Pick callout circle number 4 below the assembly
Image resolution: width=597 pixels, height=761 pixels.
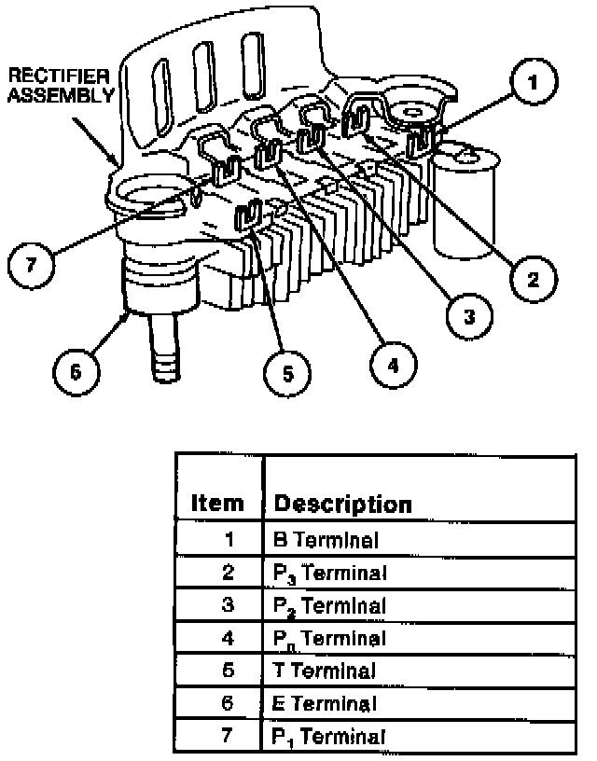pyautogui.click(x=393, y=365)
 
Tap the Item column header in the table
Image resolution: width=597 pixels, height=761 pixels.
pyautogui.click(x=216, y=505)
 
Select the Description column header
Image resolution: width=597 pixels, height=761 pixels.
pyautogui.click(x=342, y=505)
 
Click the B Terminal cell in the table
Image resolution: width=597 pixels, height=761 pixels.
pyautogui.click(x=326, y=539)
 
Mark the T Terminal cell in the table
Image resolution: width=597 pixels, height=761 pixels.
pyautogui.click(x=324, y=671)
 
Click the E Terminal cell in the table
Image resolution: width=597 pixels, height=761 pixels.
pyautogui.click(x=325, y=703)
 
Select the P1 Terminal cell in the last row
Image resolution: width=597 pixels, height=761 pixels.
pyautogui.click(x=329, y=736)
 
